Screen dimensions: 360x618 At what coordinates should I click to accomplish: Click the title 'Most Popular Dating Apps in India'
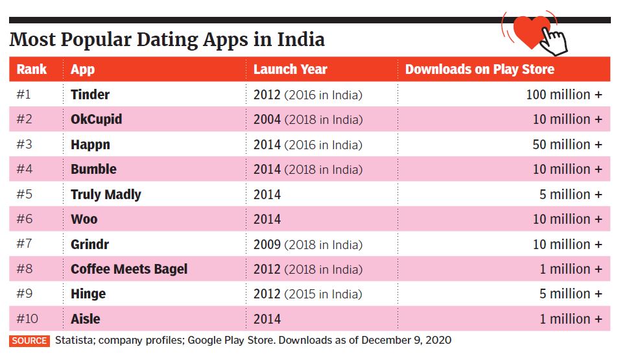[167, 40]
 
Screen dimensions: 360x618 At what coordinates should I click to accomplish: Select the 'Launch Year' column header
[290, 69]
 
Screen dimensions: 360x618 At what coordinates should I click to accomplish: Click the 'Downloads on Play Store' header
[479, 69]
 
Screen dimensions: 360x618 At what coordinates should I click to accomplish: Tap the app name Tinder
[90, 95]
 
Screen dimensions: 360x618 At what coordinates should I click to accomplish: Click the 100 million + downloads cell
[564, 95]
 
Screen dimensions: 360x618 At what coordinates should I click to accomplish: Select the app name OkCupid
[96, 119]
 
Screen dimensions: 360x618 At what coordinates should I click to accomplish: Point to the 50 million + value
[567, 145]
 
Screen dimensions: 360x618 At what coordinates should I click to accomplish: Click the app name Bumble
[93, 169]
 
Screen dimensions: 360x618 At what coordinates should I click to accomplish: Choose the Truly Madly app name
[106, 195]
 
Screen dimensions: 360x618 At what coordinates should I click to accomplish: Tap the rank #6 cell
[24, 219]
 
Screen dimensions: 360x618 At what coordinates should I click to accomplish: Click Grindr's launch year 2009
[267, 245]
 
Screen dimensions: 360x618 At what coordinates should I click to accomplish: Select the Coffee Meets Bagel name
[129, 269]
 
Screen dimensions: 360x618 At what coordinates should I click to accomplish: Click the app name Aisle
[86, 319]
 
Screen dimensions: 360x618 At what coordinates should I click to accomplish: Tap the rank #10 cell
[27, 319]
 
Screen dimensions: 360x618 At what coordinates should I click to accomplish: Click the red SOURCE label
[29, 341]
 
